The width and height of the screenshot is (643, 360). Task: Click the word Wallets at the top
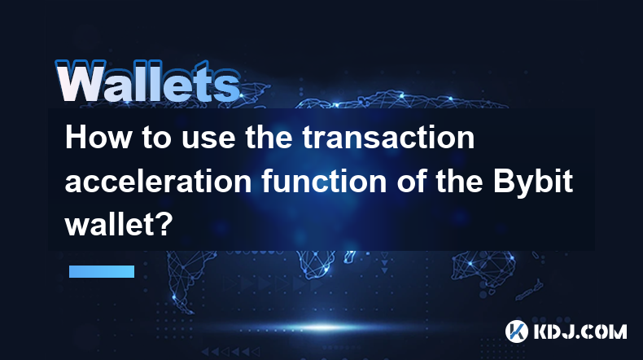click(x=148, y=81)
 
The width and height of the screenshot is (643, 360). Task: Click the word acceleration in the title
click(x=158, y=182)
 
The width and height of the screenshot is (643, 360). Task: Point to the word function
click(x=324, y=182)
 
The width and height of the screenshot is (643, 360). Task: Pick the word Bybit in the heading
click(x=532, y=182)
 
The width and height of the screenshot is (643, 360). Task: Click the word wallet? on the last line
click(x=119, y=225)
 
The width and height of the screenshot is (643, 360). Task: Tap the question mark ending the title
click(x=165, y=225)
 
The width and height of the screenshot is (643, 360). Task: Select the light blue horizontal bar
click(x=102, y=271)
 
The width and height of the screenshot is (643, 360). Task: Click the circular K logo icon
click(x=517, y=331)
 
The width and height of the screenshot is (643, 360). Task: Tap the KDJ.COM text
click(x=580, y=331)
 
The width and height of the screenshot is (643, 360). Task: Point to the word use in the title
click(x=208, y=139)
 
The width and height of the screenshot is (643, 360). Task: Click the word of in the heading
click(x=411, y=182)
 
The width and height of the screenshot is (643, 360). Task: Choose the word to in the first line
click(x=156, y=138)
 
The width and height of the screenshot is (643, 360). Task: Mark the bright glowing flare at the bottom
click(x=323, y=327)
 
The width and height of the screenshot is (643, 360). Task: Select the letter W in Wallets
click(x=81, y=81)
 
